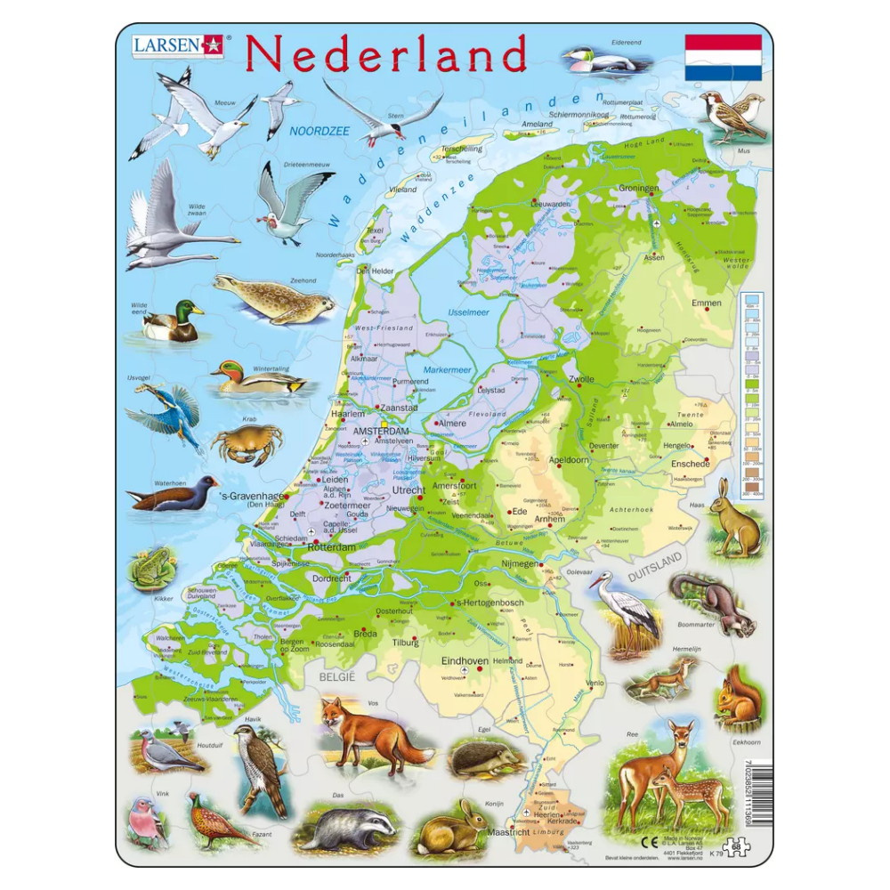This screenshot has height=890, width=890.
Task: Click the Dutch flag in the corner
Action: tap(723, 58)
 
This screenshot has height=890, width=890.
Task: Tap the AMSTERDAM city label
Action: tap(381, 432)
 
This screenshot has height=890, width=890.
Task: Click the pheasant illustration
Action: tap(218, 821)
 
